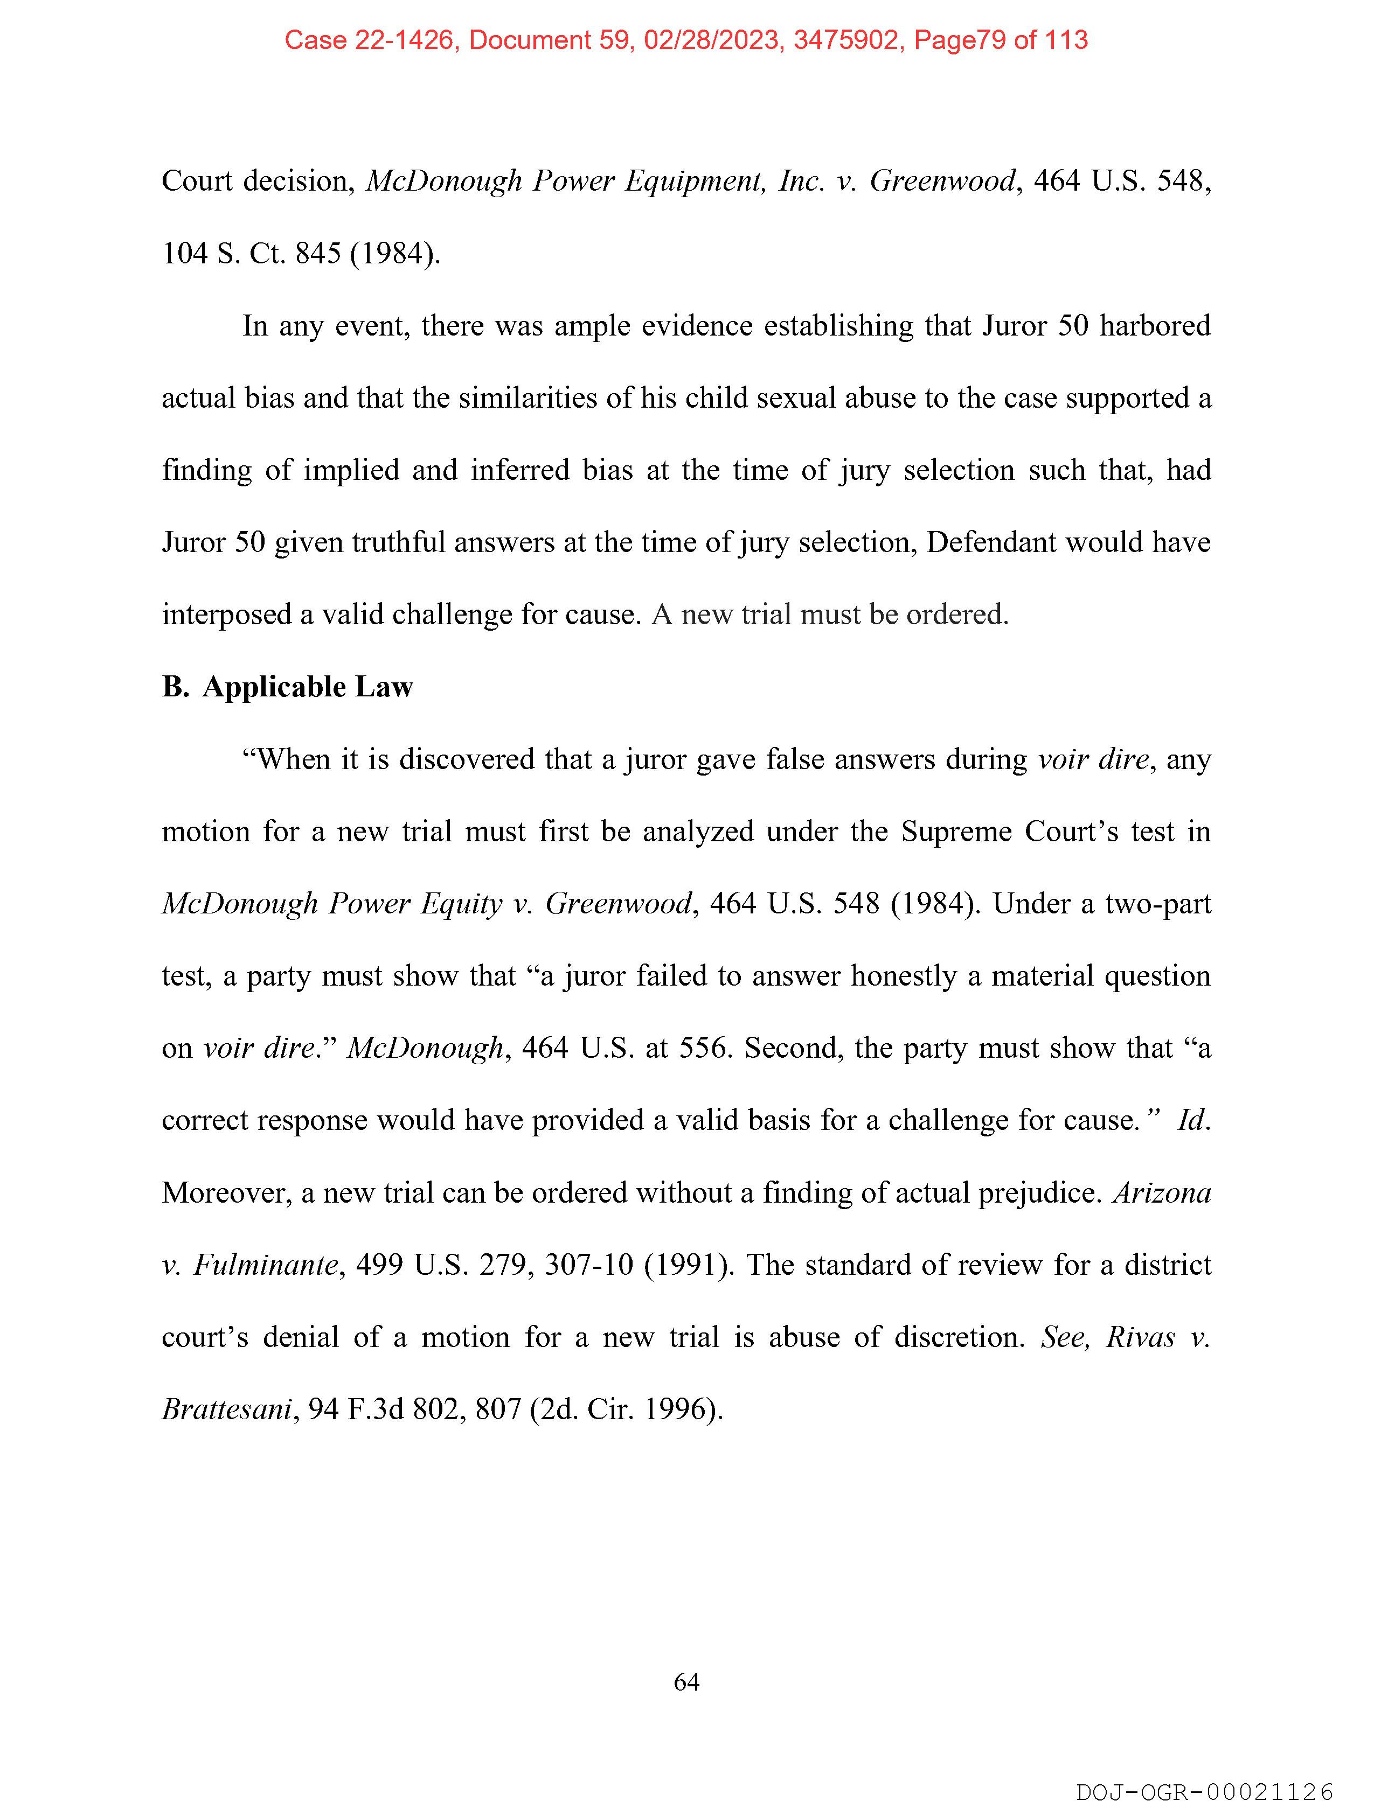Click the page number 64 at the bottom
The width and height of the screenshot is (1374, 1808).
pos(686,1681)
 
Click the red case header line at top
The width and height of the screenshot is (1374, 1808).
pos(686,40)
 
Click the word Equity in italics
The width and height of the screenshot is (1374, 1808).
pos(461,903)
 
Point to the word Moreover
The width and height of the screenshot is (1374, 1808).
pos(226,1192)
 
